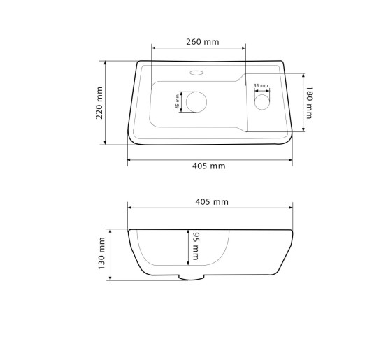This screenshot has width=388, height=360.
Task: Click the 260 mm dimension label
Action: tap(203, 42)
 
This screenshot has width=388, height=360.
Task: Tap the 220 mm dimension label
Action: tap(99, 103)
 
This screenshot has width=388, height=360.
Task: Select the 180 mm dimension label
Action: tap(309, 103)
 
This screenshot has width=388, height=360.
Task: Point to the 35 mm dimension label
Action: tap(261, 85)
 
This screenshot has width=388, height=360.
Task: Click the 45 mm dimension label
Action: tap(177, 101)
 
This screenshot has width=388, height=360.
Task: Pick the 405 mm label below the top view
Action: tap(209, 166)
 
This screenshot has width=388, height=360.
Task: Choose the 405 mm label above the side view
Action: tap(212, 202)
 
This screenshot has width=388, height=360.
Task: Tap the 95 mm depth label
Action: tap(196, 246)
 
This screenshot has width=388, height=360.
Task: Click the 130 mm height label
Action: tap(101, 253)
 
